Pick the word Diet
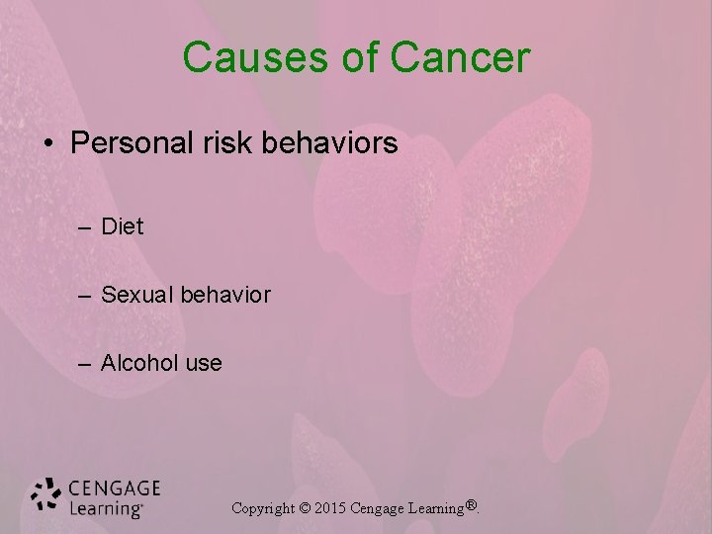click(x=122, y=226)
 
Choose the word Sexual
click(x=137, y=295)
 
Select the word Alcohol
click(x=140, y=363)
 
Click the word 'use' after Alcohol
click(x=204, y=364)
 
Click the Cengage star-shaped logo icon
click(x=45, y=496)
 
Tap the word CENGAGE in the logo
click(x=115, y=488)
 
